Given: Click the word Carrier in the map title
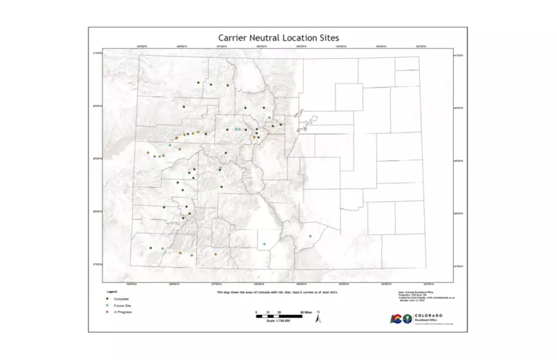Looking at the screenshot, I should (x=233, y=37).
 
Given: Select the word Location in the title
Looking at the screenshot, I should (x=300, y=37).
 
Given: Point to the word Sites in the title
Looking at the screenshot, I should (x=328, y=37).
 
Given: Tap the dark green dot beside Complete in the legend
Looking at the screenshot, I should (x=107, y=298).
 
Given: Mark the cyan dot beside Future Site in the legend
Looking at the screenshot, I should (x=107, y=306).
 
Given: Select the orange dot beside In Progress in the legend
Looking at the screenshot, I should (x=107, y=312).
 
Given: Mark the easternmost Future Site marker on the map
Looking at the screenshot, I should (x=310, y=237).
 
